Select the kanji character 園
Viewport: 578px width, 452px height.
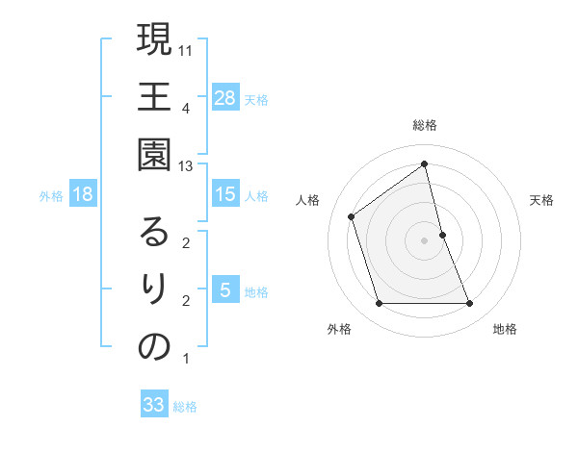pos(154,154)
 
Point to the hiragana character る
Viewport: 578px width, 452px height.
pos(154,232)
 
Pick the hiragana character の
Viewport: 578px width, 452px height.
pos(154,348)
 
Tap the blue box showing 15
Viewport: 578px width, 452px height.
pos(225,194)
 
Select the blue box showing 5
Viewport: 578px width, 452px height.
pos(225,290)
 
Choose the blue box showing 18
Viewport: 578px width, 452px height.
pos(83,194)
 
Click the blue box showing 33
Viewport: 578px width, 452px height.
pos(154,405)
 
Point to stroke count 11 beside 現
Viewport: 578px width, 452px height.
pos(187,50)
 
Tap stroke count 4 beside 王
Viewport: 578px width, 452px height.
pos(185,108)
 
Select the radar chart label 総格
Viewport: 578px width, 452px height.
pos(425,125)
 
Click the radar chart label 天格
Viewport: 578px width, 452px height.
pos(542,200)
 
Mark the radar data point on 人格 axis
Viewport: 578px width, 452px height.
pos(352,216)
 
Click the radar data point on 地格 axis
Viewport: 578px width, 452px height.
pos(470,304)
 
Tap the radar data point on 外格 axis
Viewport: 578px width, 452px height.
pos(379,304)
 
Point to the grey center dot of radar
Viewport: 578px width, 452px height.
pos(425,240)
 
